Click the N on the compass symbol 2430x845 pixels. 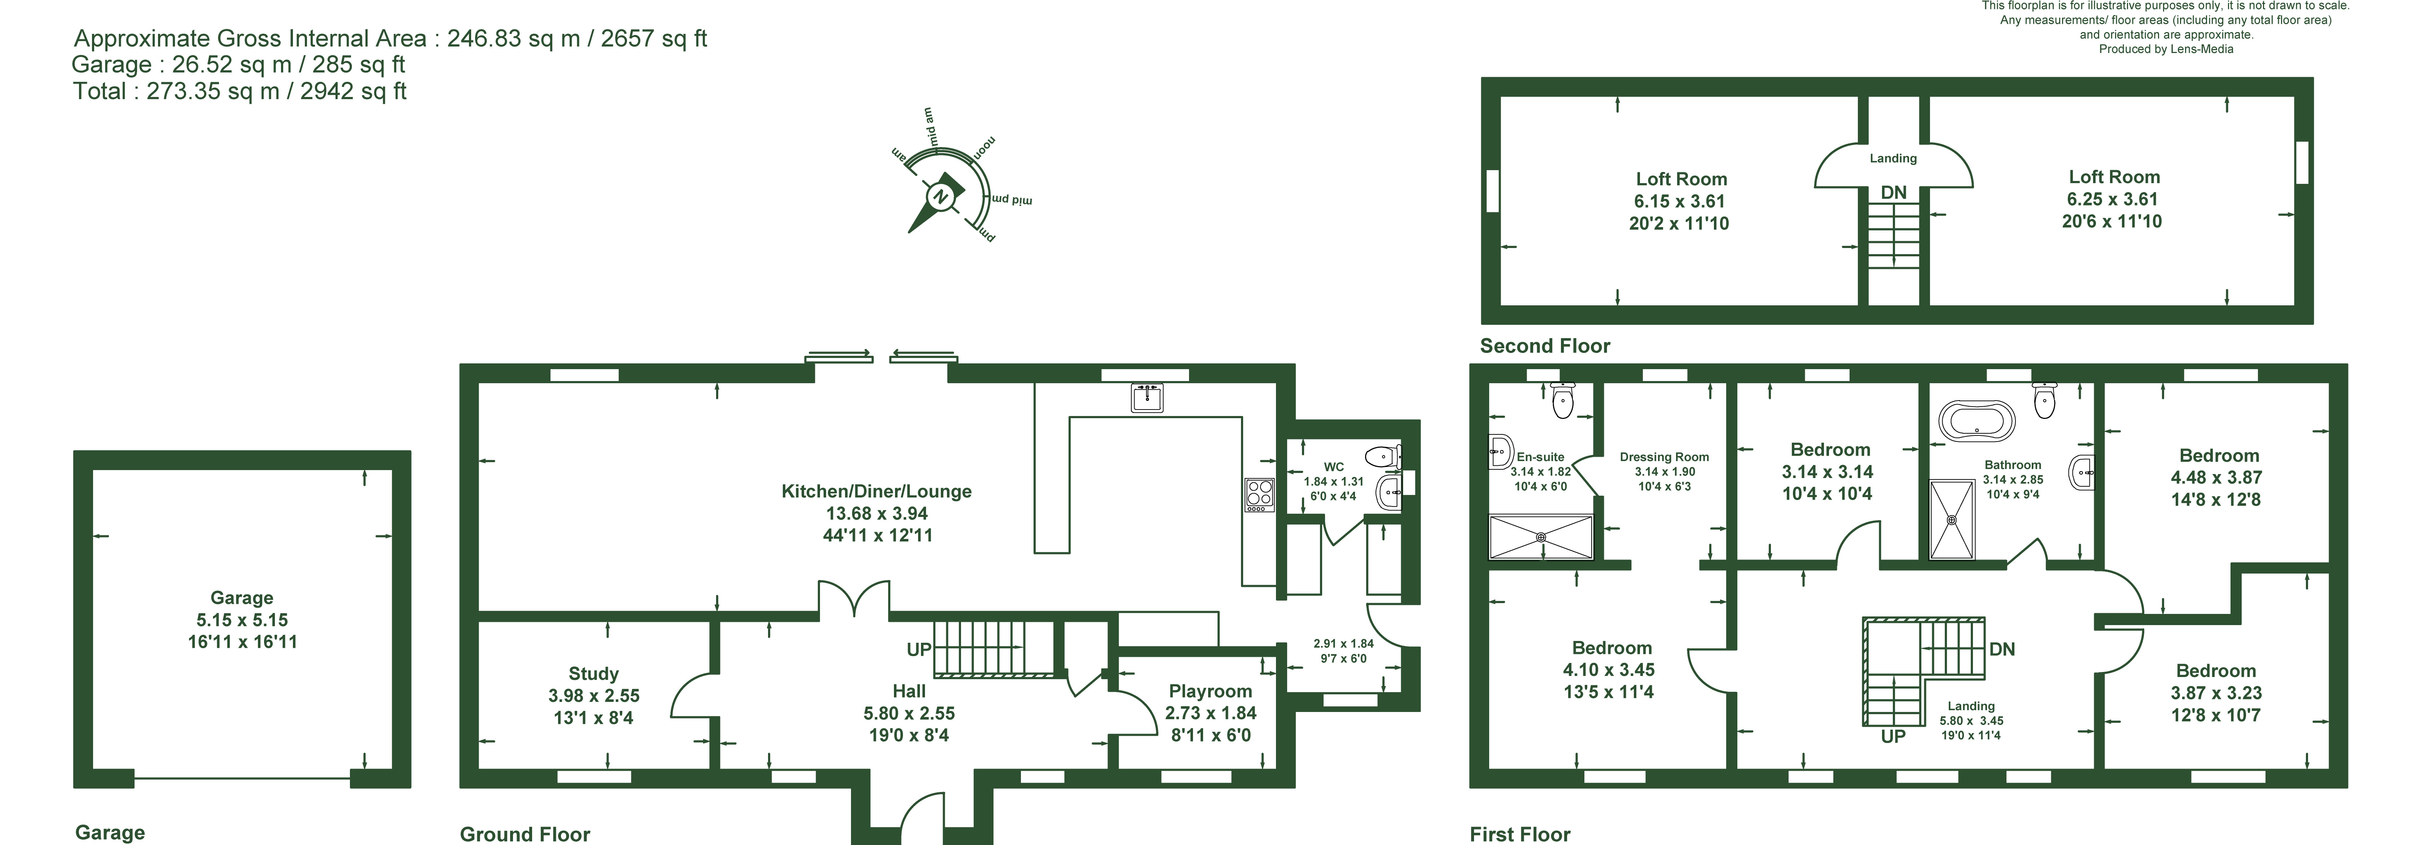(939, 197)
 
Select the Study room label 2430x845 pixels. (593, 673)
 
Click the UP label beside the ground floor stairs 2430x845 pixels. (919, 650)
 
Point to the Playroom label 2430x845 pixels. (1210, 691)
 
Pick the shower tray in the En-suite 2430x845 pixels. (1540, 537)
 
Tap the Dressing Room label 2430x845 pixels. (1664, 457)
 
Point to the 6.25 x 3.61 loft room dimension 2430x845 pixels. (2112, 199)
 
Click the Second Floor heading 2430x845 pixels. (1545, 346)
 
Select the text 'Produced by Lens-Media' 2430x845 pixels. (2166, 49)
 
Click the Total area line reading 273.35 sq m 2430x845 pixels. (240, 92)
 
